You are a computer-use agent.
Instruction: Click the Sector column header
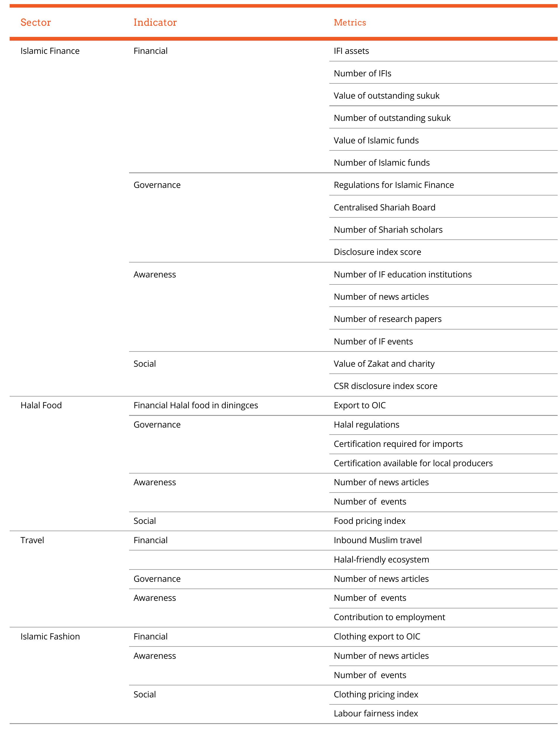(36, 22)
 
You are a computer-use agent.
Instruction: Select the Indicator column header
(155, 22)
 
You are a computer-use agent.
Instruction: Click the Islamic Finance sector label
(50, 51)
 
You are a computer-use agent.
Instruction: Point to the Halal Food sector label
(41, 405)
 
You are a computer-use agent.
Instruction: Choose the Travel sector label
(32, 540)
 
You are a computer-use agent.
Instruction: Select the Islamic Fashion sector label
(50, 637)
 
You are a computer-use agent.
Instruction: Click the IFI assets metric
(351, 51)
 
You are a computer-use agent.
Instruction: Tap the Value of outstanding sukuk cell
(386, 96)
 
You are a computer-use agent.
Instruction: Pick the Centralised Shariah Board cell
(384, 207)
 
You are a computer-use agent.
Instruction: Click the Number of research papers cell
(387, 319)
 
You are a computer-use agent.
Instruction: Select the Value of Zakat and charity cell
(384, 363)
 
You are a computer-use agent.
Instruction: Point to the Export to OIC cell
(360, 405)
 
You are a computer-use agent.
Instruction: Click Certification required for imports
(398, 444)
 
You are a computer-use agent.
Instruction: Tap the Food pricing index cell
(369, 521)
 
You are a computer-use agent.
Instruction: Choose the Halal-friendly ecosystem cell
(381, 560)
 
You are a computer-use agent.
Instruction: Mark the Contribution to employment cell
(389, 617)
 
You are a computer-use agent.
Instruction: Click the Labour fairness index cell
(376, 713)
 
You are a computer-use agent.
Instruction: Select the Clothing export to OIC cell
(377, 637)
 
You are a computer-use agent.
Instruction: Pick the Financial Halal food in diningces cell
(196, 405)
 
